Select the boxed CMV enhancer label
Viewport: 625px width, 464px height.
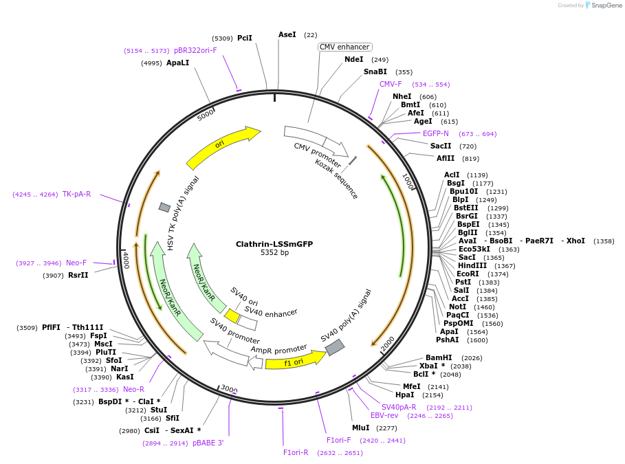(344, 47)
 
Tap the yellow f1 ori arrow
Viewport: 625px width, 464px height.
(294, 361)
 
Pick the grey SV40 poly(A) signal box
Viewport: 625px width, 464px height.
(334, 347)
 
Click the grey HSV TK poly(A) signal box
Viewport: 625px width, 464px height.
(164, 207)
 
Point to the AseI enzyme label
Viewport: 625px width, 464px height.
(287, 34)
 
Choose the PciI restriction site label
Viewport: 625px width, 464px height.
(245, 38)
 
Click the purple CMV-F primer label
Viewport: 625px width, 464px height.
(391, 84)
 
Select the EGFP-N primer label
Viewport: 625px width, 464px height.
(435, 133)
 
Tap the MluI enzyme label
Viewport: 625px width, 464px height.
(360, 428)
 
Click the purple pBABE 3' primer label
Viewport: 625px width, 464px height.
(208, 443)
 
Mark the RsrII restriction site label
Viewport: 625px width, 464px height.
(78, 276)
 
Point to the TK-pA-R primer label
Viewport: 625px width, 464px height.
(76, 194)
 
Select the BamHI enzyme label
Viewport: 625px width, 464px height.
(439, 357)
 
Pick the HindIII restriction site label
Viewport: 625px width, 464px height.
(472, 265)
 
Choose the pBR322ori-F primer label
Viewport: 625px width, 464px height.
(195, 50)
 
